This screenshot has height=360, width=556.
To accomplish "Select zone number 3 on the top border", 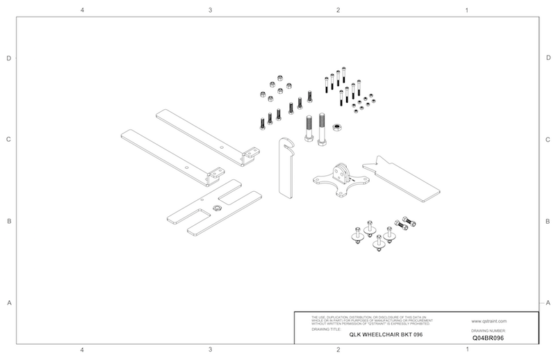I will (x=210, y=10).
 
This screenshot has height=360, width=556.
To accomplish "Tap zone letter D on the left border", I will (x=8, y=58).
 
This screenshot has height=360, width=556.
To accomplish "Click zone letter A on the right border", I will (x=548, y=302).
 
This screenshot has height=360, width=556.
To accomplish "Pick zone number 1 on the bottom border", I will (x=466, y=350).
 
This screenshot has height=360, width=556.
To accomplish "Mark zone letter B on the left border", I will (x=8, y=222).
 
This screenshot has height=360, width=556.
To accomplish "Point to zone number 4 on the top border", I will (x=83, y=10).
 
